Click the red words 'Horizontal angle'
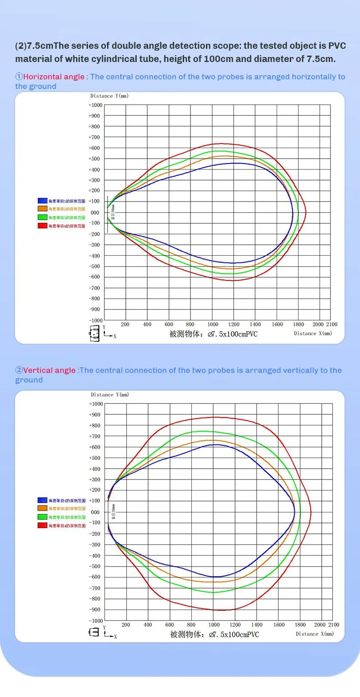click(54, 77)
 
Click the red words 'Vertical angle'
click(49, 370)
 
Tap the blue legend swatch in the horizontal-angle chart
click(42, 200)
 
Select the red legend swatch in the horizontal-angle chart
click(42, 226)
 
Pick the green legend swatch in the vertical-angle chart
click(42, 517)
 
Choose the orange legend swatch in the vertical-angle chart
click(42, 508)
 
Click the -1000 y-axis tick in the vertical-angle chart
click(96, 621)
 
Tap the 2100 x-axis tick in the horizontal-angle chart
click(332, 325)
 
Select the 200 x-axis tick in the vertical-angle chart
click(126, 625)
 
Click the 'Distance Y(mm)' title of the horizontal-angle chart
click(109, 96)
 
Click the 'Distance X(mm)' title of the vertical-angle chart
click(314, 634)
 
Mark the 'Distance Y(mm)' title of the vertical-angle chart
click(110, 394)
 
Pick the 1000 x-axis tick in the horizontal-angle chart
click(212, 325)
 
